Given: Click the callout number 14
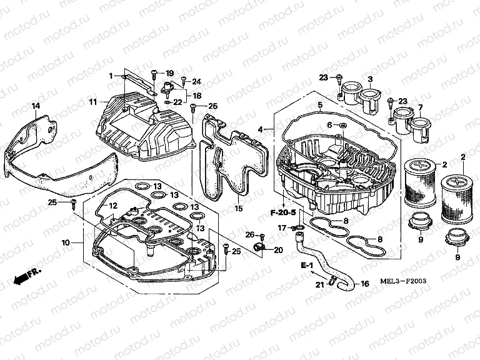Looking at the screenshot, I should (x=36, y=106).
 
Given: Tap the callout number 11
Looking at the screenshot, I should (x=92, y=101).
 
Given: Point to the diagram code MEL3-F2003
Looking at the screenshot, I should (x=403, y=281).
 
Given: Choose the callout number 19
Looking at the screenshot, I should (x=169, y=73).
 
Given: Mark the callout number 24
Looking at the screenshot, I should (x=196, y=82).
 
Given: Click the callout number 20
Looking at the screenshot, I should (x=279, y=249).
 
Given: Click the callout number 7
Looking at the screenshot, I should (x=420, y=107).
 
